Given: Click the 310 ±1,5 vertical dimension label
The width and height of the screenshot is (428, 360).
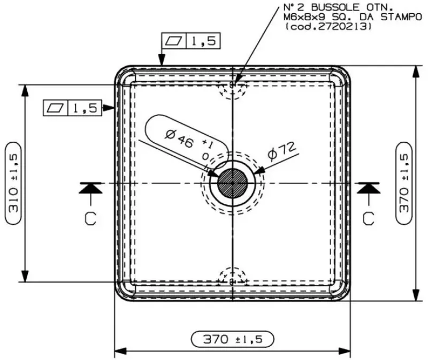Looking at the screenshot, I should point(14,183).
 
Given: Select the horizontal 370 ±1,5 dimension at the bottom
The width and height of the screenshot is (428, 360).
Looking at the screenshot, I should point(232,339).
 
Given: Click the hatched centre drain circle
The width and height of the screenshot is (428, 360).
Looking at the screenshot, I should point(232,183).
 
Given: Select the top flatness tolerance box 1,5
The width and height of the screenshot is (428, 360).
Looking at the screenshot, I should point(190,41).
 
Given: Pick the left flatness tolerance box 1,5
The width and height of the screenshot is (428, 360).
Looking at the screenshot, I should point(72,108).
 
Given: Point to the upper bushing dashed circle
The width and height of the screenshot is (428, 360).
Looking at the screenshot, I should point(232,87).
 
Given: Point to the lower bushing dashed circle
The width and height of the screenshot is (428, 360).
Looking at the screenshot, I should point(232,278).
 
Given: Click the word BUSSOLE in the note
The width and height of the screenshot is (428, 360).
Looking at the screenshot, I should point(328,8).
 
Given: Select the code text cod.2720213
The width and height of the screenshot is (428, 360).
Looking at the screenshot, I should point(329,26).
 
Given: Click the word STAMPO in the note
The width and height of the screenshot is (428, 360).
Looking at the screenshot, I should point(395,17).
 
